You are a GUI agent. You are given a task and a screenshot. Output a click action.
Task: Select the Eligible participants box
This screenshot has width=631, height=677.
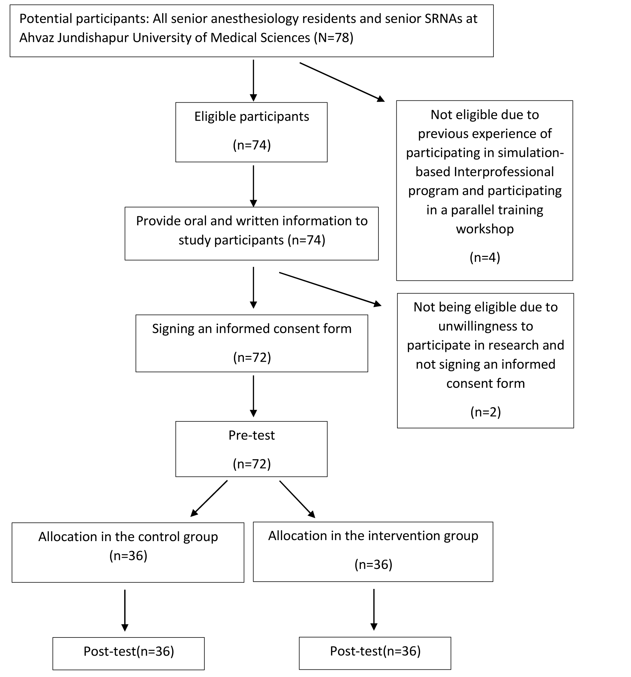(251, 132)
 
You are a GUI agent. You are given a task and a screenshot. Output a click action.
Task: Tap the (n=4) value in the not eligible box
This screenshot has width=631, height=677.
(484, 258)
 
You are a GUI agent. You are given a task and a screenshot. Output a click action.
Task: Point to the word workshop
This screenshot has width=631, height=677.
(484, 229)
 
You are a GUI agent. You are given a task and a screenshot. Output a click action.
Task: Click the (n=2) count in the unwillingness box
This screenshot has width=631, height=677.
(485, 412)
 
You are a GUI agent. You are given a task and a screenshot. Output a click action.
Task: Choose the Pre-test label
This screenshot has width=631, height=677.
(251, 435)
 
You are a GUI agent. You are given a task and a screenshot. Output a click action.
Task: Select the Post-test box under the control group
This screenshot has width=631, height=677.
(128, 653)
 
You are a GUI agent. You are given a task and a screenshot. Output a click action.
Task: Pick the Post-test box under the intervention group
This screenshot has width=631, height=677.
(375, 653)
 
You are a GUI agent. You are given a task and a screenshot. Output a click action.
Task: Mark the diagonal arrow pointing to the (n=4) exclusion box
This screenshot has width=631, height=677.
(342, 82)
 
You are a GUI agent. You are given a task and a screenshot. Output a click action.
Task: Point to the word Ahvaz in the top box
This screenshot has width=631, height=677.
(37, 38)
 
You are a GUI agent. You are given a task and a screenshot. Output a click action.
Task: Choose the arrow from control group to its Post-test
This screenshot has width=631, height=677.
(125, 610)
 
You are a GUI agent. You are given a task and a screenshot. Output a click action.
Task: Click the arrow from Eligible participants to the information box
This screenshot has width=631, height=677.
(253, 186)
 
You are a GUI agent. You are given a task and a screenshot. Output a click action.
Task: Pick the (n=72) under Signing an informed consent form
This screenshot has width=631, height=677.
(252, 357)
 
